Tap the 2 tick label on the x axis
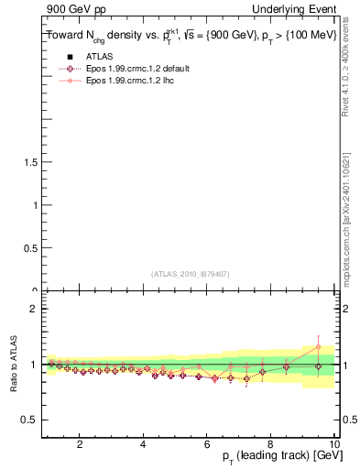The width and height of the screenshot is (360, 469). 80,444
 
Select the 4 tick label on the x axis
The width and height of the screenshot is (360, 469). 143,444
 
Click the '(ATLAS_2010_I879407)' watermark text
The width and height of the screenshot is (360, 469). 190,273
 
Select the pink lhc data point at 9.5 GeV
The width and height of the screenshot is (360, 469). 318,346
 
